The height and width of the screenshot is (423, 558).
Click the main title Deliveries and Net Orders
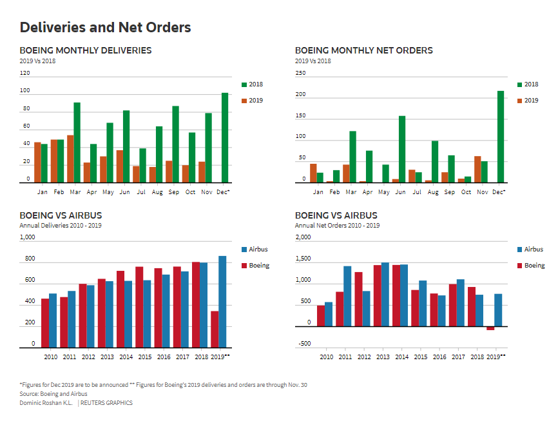pyautogui.click(x=105, y=27)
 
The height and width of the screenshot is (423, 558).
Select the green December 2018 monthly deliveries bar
pyautogui.click(x=225, y=138)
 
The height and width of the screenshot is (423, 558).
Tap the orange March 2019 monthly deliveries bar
pyautogui.click(x=70, y=159)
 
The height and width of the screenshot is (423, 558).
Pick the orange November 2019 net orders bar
pyautogui.click(x=477, y=170)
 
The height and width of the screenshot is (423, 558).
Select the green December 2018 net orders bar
pyautogui.click(x=501, y=137)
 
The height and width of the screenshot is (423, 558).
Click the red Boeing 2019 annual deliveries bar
pyautogui.click(x=215, y=330)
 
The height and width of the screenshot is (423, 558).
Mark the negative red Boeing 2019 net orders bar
pyautogui.click(x=490, y=328)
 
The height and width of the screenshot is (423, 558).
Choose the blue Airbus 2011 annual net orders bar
pyautogui.click(x=347, y=296)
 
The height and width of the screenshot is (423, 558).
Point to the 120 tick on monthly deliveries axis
pyautogui.click(x=25, y=74)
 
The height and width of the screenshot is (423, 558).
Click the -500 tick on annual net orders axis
pyautogui.click(x=304, y=344)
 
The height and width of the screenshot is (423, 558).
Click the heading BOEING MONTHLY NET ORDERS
pyautogui.click(x=363, y=50)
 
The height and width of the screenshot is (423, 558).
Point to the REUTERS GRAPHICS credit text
pyautogui.click(x=106, y=403)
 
